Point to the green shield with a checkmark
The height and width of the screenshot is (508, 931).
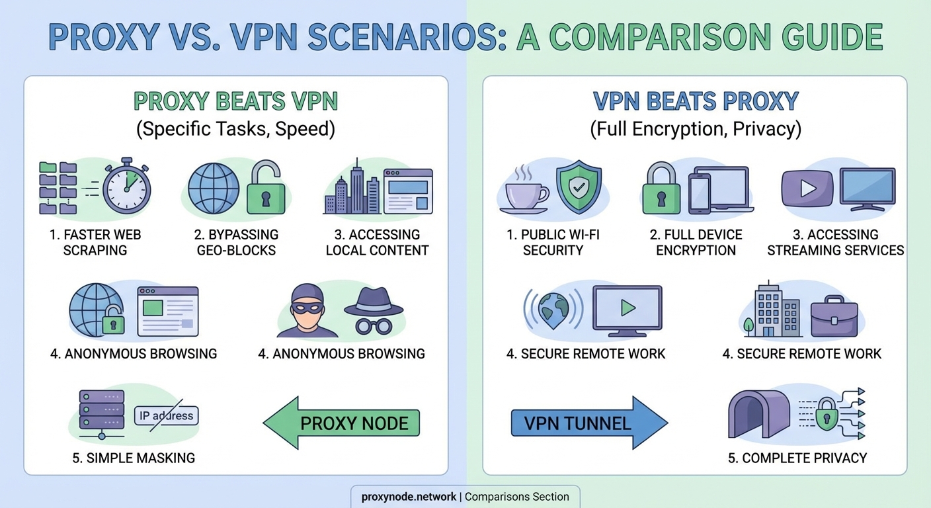578,186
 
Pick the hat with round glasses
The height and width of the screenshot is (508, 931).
374,310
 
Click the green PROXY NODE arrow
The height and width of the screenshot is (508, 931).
341,423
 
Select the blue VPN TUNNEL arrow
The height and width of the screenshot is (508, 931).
589,423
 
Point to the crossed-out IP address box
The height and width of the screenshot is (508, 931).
166,415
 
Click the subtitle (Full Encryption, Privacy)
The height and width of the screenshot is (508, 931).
696,128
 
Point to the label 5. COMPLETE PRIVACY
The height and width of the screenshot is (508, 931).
797,458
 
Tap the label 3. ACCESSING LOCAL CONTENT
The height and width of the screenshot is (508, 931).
377,242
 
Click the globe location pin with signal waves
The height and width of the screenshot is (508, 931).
553,309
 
